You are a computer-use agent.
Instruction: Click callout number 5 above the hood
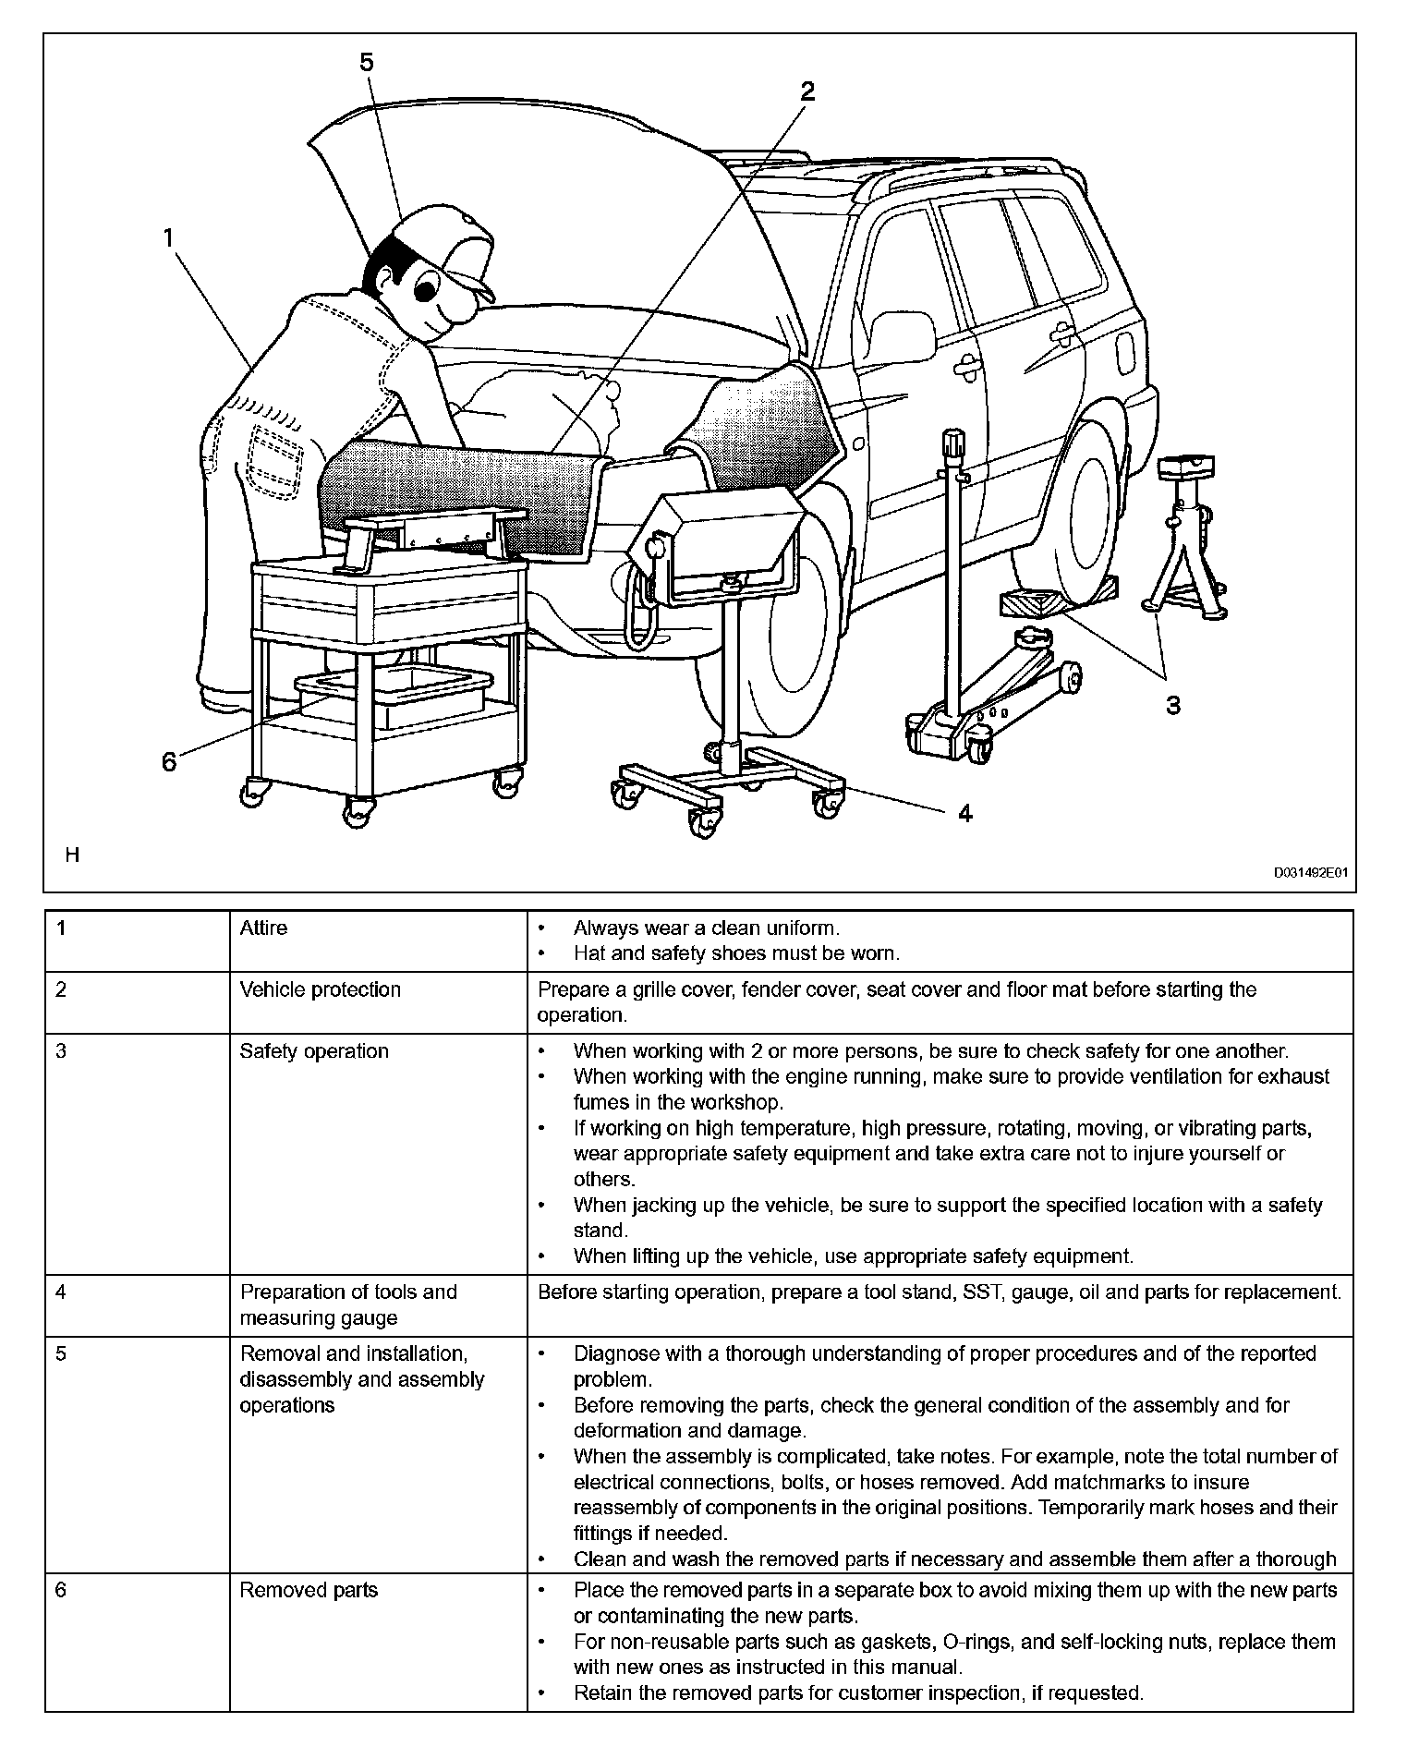pos(367,63)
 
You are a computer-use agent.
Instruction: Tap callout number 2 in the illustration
pos(807,91)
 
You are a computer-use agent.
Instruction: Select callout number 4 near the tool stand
pos(965,813)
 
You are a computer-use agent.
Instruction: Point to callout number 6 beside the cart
pos(169,762)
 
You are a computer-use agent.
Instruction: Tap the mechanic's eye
pos(426,289)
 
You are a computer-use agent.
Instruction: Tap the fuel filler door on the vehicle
pos(1125,350)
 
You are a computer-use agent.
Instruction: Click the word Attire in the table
pos(263,928)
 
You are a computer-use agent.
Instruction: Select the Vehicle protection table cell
pos(321,989)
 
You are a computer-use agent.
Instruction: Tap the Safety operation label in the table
pos(314,1051)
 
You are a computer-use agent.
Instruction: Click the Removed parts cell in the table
pos(309,1590)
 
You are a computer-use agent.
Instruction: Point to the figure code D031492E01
pos(1312,871)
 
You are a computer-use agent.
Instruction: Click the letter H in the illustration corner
pos(72,855)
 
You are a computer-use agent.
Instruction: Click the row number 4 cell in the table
pos(61,1292)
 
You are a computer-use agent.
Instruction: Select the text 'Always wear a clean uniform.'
pos(706,928)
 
